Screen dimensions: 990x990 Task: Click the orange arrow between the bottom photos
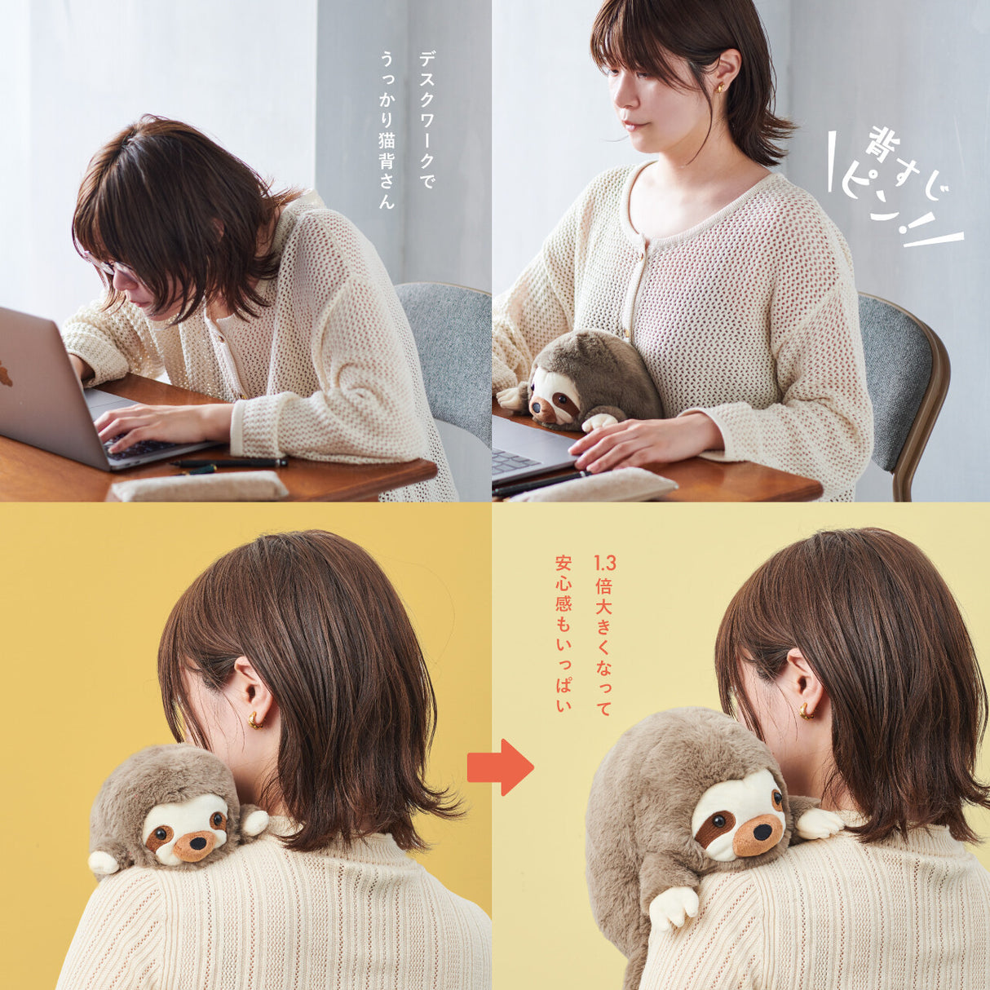501,768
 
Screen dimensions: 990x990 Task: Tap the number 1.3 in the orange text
605,564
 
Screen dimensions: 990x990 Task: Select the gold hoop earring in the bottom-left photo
255,719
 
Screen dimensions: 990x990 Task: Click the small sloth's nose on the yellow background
197,841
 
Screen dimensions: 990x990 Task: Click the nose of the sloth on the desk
536,407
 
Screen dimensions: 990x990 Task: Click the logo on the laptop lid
5,373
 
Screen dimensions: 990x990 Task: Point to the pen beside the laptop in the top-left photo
228,463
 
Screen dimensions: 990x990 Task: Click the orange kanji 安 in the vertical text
564,564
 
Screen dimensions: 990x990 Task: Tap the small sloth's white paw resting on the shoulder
254,821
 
